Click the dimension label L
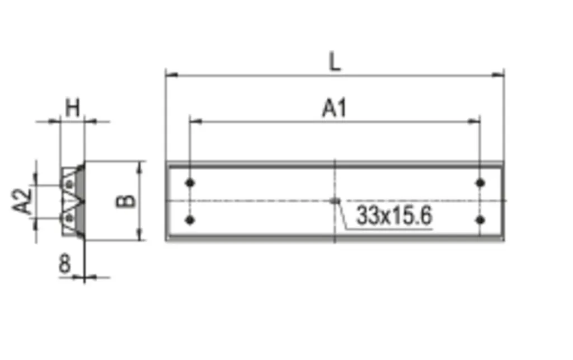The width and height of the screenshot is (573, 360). click(335, 62)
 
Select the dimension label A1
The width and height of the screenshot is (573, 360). click(334, 109)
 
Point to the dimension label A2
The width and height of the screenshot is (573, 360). click(22, 201)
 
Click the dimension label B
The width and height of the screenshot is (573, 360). click(125, 202)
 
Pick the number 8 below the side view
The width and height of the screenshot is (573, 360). click(64, 263)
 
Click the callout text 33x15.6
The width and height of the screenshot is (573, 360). click(394, 215)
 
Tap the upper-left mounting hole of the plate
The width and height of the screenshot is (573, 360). click(190, 183)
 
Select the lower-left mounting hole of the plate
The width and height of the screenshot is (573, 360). click(190, 219)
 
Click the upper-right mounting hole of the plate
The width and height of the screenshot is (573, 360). click(480, 183)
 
